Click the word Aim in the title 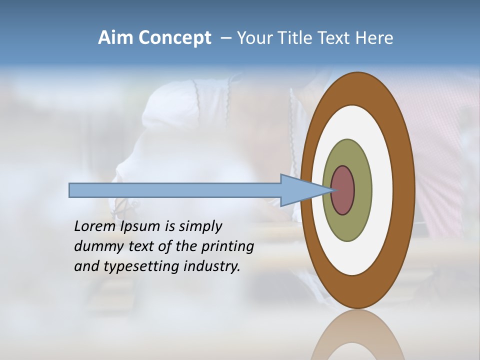tap(116, 38)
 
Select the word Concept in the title tap(174, 38)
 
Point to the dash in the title tap(226, 38)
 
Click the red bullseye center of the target tap(343, 190)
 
